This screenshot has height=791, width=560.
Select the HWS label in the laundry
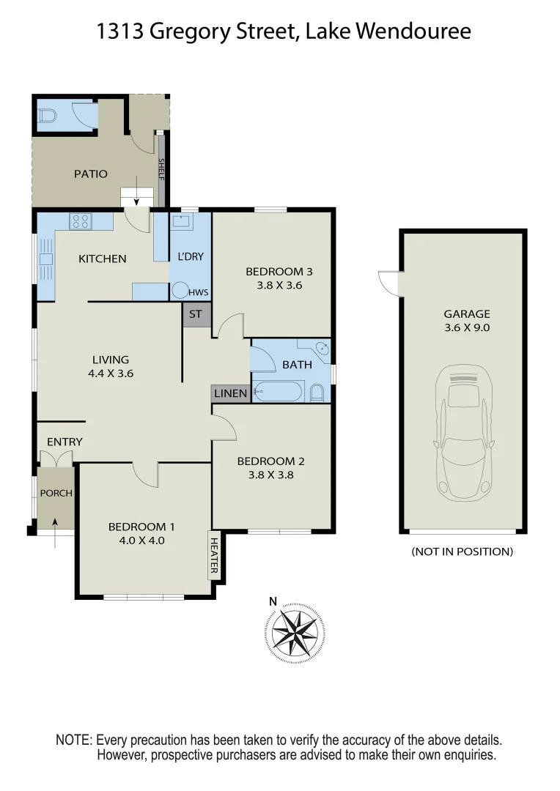pyautogui.click(x=198, y=292)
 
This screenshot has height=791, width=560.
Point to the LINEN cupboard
pyautogui.click(x=230, y=393)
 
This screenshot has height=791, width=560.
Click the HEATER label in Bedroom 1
pyautogui.click(x=215, y=554)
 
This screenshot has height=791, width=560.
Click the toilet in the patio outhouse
pyautogui.click(x=48, y=115)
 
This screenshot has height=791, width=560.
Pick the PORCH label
pyautogui.click(x=56, y=493)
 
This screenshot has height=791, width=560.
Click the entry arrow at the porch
pyautogui.click(x=55, y=523)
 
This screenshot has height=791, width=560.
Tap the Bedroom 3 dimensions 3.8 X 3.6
pyautogui.click(x=273, y=286)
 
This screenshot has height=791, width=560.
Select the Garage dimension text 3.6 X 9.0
pyautogui.click(x=462, y=327)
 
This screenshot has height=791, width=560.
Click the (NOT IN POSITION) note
pyautogui.click(x=462, y=552)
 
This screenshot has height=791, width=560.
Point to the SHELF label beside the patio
pyautogui.click(x=162, y=171)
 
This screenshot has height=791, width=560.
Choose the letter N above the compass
pyautogui.click(x=273, y=602)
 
